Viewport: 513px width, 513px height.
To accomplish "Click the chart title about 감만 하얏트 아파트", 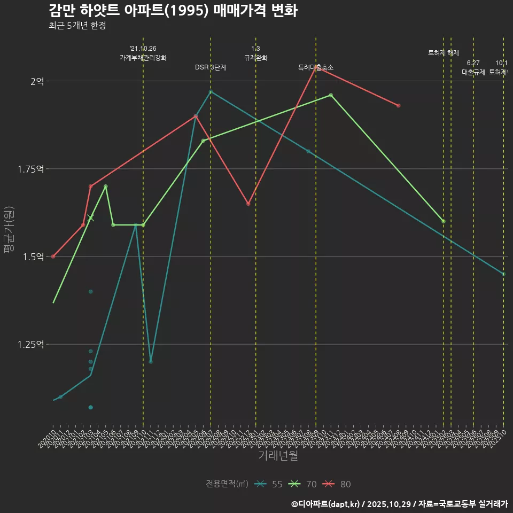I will (173, 10).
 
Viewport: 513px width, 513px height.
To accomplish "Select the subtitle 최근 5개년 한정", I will (77, 25).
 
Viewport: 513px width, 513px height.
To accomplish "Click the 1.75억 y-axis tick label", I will (30, 169).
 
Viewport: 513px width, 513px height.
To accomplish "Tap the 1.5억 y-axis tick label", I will (33, 257).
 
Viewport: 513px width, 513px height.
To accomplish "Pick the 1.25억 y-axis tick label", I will (30, 345).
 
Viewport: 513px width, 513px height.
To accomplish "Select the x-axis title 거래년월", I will (278, 455).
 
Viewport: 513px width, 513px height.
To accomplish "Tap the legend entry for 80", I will (338, 484).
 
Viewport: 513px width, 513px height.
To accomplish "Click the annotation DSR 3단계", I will (210, 67).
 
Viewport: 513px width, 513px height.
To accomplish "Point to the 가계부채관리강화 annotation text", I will (143, 58).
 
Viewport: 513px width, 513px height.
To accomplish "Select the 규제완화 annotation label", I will (255, 58).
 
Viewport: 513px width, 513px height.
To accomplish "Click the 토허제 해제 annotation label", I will (444, 53).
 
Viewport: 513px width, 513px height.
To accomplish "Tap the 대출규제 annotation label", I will (473, 72).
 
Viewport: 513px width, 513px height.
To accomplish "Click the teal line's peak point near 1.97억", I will (211, 92).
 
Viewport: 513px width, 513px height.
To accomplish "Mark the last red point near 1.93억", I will (399, 106).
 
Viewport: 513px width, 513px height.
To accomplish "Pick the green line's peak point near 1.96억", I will (331, 95).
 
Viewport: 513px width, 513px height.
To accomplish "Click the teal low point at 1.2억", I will (151, 362).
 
